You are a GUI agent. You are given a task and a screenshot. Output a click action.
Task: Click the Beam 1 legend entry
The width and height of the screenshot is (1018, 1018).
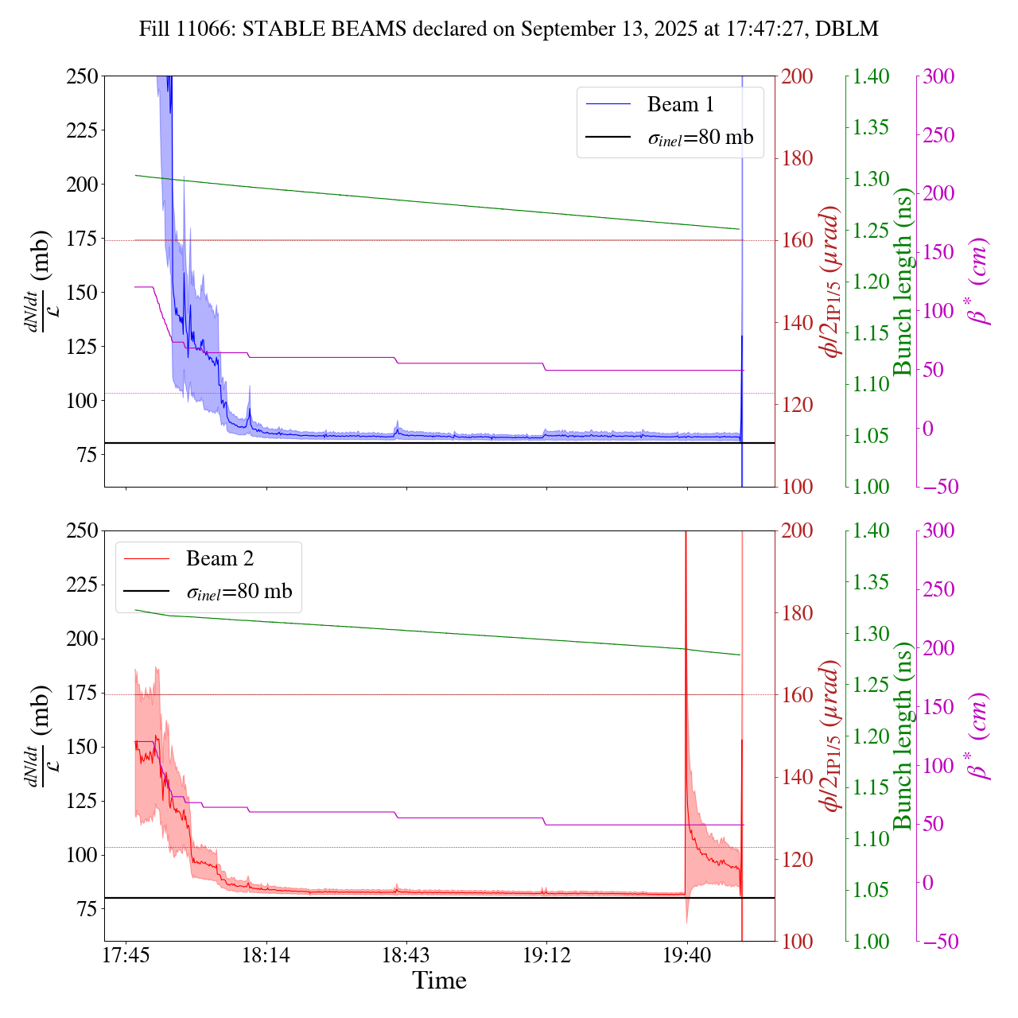point(680,104)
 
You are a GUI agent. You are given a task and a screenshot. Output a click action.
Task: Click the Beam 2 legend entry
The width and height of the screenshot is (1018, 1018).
point(220,558)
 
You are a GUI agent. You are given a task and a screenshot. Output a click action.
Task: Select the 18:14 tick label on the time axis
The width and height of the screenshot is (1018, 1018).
point(266,954)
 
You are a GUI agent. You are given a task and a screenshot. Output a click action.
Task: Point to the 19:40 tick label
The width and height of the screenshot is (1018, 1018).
point(687,954)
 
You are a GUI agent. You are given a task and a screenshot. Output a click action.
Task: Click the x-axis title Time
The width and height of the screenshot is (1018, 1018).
point(439,981)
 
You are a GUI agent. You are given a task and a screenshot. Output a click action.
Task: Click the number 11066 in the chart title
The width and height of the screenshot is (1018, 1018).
point(203,29)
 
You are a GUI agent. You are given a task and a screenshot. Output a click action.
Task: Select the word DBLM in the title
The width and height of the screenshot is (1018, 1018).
point(848,29)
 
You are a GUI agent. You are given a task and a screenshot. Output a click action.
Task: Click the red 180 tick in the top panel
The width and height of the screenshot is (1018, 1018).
point(797,158)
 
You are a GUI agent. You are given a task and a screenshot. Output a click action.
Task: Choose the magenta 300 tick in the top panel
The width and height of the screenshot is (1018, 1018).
point(938,76)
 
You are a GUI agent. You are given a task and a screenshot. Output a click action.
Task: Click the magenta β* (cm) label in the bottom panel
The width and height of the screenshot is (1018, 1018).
point(978,736)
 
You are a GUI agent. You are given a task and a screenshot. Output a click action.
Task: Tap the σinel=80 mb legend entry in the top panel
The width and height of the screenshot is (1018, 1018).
point(700,137)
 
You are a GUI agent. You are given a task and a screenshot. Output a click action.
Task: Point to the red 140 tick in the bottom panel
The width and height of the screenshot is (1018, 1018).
point(797,777)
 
